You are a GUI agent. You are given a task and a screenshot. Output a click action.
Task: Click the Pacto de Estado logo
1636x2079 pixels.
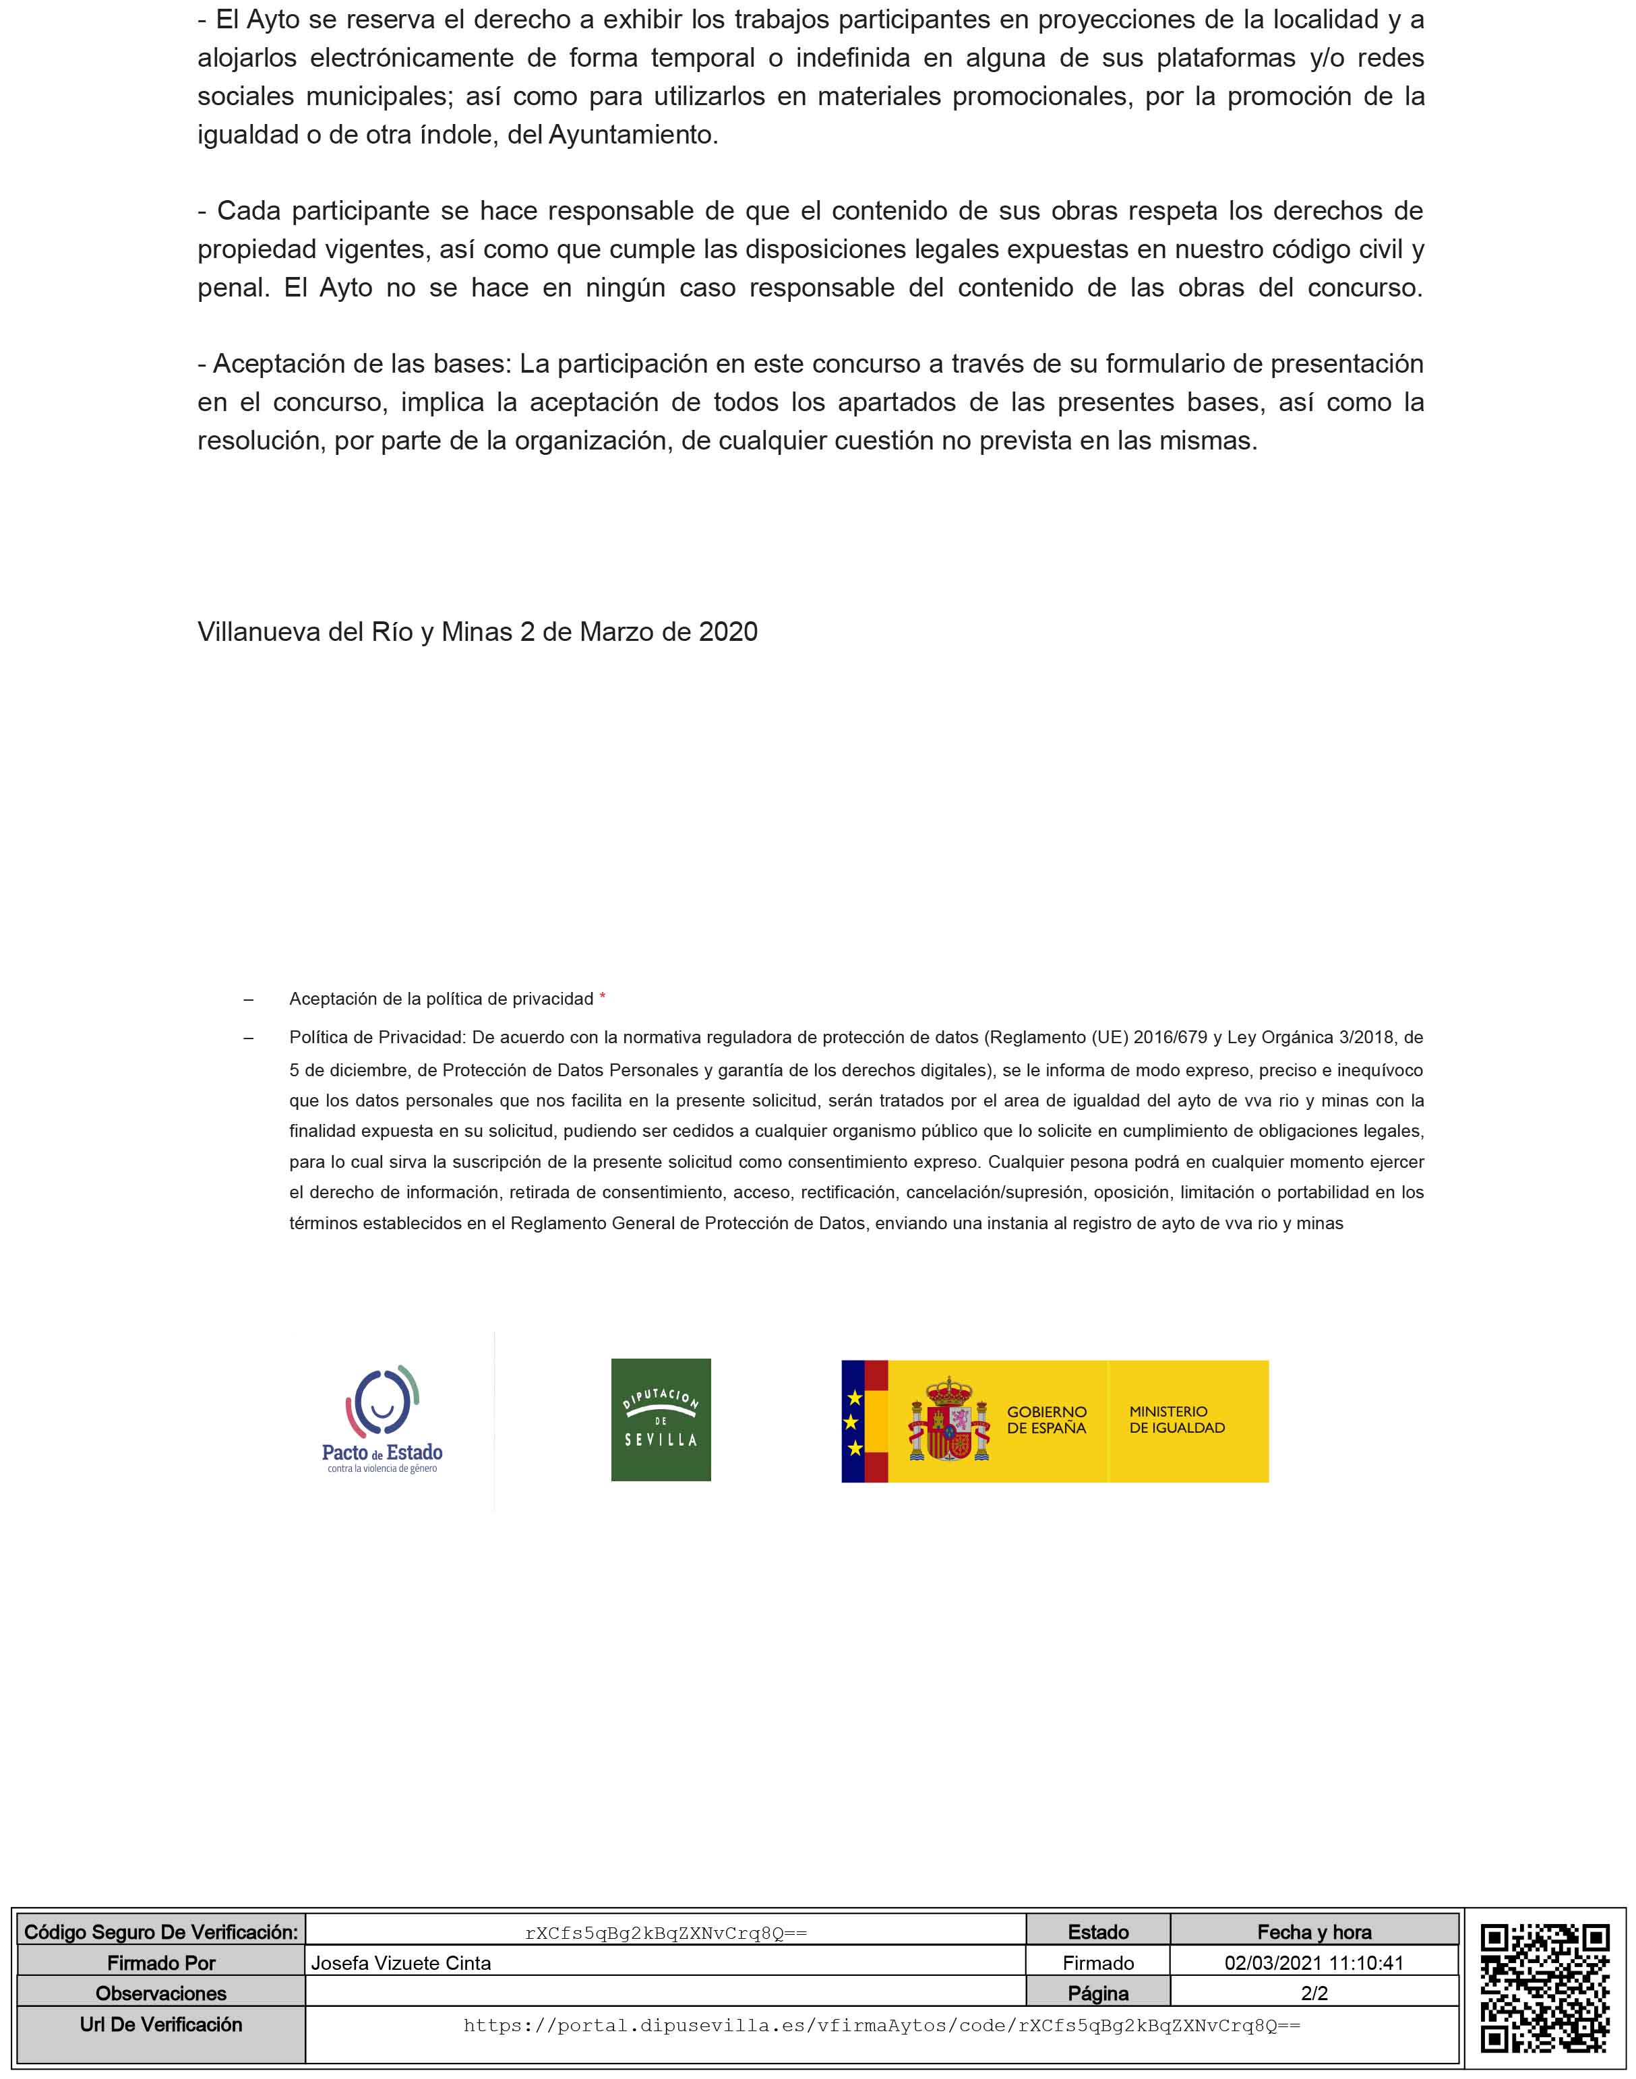coord(382,1419)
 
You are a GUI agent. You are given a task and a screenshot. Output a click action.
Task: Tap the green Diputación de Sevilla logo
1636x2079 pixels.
coord(661,1419)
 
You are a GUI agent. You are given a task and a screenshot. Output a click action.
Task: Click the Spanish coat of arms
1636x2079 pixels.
coord(948,1419)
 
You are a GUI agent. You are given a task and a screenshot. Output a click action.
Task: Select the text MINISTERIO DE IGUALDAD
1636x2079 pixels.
coord(1176,1419)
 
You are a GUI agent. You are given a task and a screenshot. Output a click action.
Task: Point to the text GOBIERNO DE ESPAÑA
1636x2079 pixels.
coord(1046,1419)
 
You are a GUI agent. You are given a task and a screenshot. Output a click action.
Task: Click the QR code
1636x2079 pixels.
coord(1544,1988)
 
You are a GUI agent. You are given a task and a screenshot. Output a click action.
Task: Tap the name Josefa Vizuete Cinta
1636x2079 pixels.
coord(400,1963)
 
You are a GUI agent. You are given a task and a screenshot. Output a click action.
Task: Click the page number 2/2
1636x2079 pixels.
coord(1314,1994)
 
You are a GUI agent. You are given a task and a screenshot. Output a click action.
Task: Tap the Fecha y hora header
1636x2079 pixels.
coord(1314,1933)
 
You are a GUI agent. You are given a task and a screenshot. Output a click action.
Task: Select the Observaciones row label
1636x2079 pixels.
coord(161,1994)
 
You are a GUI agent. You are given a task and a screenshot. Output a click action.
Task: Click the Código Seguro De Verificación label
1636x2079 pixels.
coord(161,1933)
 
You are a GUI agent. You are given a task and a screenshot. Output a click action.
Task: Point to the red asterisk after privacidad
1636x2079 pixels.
coord(603,998)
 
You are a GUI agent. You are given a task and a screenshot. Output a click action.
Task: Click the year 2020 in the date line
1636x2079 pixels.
coord(728,632)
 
